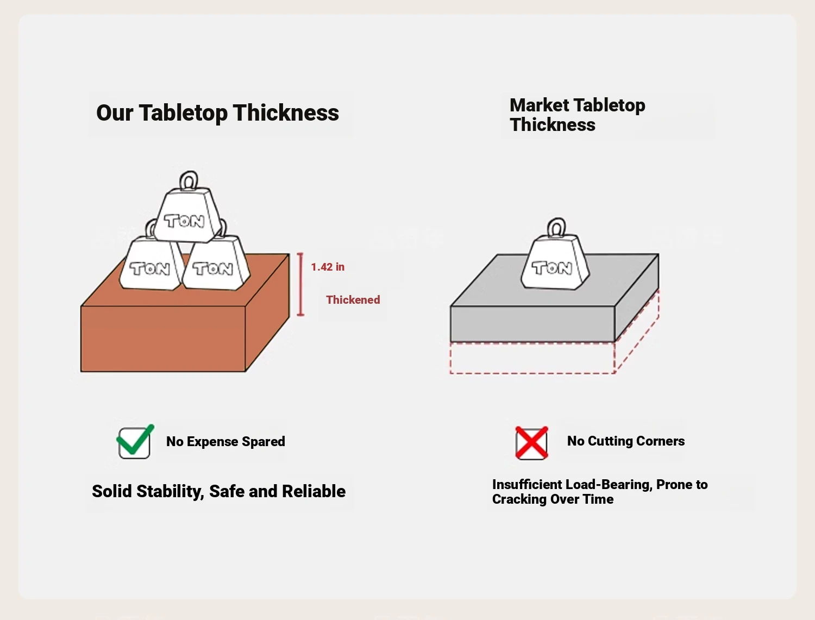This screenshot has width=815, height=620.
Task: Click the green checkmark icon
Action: pyautogui.click(x=134, y=442)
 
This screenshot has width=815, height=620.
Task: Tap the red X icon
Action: pyautogui.click(x=531, y=443)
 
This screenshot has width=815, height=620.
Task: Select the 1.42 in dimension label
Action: pyautogui.click(x=328, y=267)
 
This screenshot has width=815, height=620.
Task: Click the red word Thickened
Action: pyautogui.click(x=353, y=300)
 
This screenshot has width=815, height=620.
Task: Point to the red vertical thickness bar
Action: pyautogui.click(x=300, y=284)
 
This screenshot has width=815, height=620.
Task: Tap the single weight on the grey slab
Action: pyautogui.click(x=554, y=264)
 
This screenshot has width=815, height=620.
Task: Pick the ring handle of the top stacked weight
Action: pyautogui.click(x=189, y=180)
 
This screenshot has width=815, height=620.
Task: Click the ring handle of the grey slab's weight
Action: pyautogui.click(x=556, y=228)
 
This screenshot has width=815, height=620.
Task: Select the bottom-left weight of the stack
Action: pyautogui.click(x=149, y=265)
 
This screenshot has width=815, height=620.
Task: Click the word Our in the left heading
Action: pyautogui.click(x=114, y=113)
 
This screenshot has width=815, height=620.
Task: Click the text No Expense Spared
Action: pyautogui.click(x=225, y=441)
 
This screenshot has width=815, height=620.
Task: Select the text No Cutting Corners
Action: pyautogui.click(x=625, y=441)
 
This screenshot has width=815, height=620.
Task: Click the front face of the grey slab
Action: pyautogui.click(x=532, y=324)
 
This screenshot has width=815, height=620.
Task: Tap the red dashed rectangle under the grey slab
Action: pyautogui.click(x=532, y=358)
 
